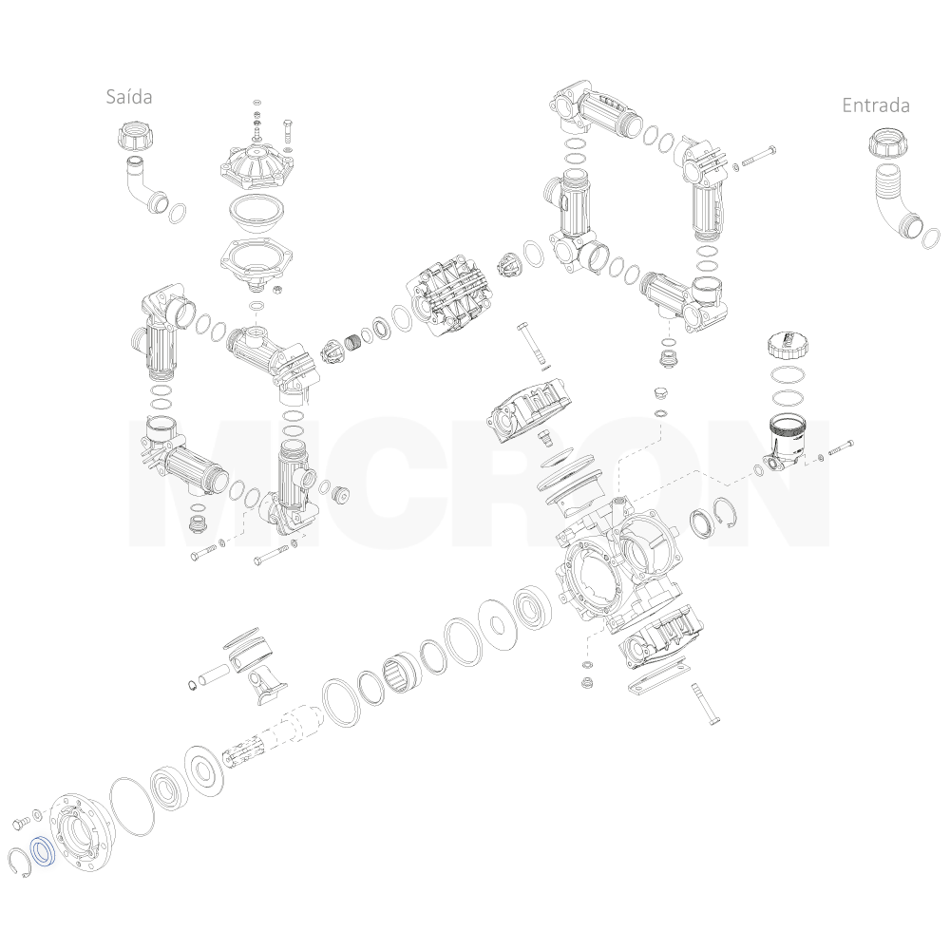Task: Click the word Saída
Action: (x=129, y=96)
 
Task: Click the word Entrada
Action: (x=876, y=105)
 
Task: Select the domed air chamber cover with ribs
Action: (x=256, y=163)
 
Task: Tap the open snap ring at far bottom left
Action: (x=20, y=864)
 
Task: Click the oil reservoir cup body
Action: (x=784, y=444)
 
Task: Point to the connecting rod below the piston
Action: (x=265, y=685)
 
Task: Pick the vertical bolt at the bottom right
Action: (x=704, y=703)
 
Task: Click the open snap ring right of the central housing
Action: (x=727, y=514)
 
